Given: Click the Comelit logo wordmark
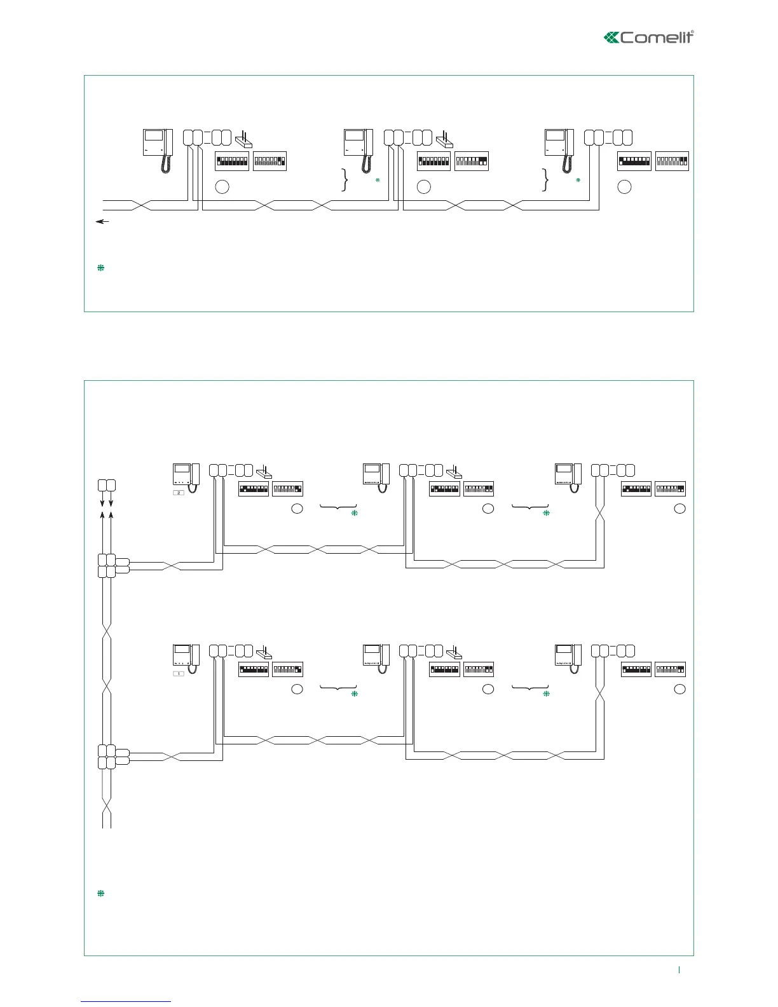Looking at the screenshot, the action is [657, 38].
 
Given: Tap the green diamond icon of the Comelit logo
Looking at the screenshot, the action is [611, 38].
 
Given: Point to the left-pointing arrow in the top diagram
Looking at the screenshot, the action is [102, 221].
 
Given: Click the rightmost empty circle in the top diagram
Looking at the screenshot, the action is [625, 187].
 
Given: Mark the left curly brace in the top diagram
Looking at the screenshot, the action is [345, 180].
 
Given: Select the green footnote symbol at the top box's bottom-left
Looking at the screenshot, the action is [100, 268].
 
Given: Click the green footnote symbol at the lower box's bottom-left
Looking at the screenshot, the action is [100, 894].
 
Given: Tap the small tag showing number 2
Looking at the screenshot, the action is [179, 493].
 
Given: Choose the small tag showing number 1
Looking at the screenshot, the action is [179, 673].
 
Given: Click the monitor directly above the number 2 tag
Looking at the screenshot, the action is [186, 474].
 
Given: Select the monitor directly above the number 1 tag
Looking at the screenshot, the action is [186, 655].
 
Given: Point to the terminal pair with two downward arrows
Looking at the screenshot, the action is [107, 485].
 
